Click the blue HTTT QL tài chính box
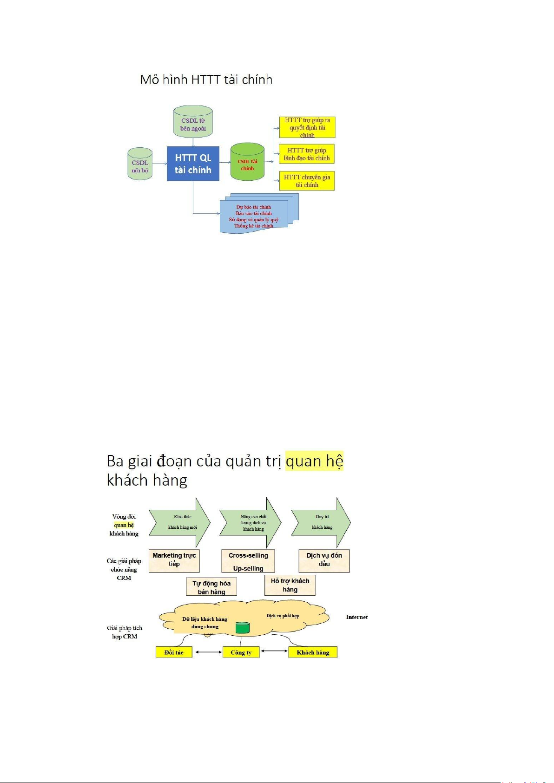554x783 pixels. (x=193, y=164)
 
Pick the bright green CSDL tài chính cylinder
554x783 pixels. (x=247, y=163)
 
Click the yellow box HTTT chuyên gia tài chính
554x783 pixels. (x=307, y=181)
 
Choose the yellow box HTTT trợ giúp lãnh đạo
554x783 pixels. (x=307, y=154)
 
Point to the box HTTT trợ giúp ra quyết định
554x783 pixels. (x=307, y=127)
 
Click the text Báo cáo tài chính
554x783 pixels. (x=253, y=213)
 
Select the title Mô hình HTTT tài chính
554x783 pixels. (x=206, y=79)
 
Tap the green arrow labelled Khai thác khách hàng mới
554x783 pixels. (x=180, y=522)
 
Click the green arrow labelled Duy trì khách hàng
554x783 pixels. (x=321, y=522)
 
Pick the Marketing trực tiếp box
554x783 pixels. (x=174, y=560)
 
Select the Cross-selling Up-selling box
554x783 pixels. (x=248, y=561)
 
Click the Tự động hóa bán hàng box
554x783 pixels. (x=211, y=587)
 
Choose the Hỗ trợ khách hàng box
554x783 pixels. (x=290, y=586)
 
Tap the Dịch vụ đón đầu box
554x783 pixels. (x=324, y=560)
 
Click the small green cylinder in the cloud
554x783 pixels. (x=243, y=628)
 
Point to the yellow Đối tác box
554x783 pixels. (x=174, y=652)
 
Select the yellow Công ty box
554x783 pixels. (x=241, y=652)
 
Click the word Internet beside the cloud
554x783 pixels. (x=356, y=617)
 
